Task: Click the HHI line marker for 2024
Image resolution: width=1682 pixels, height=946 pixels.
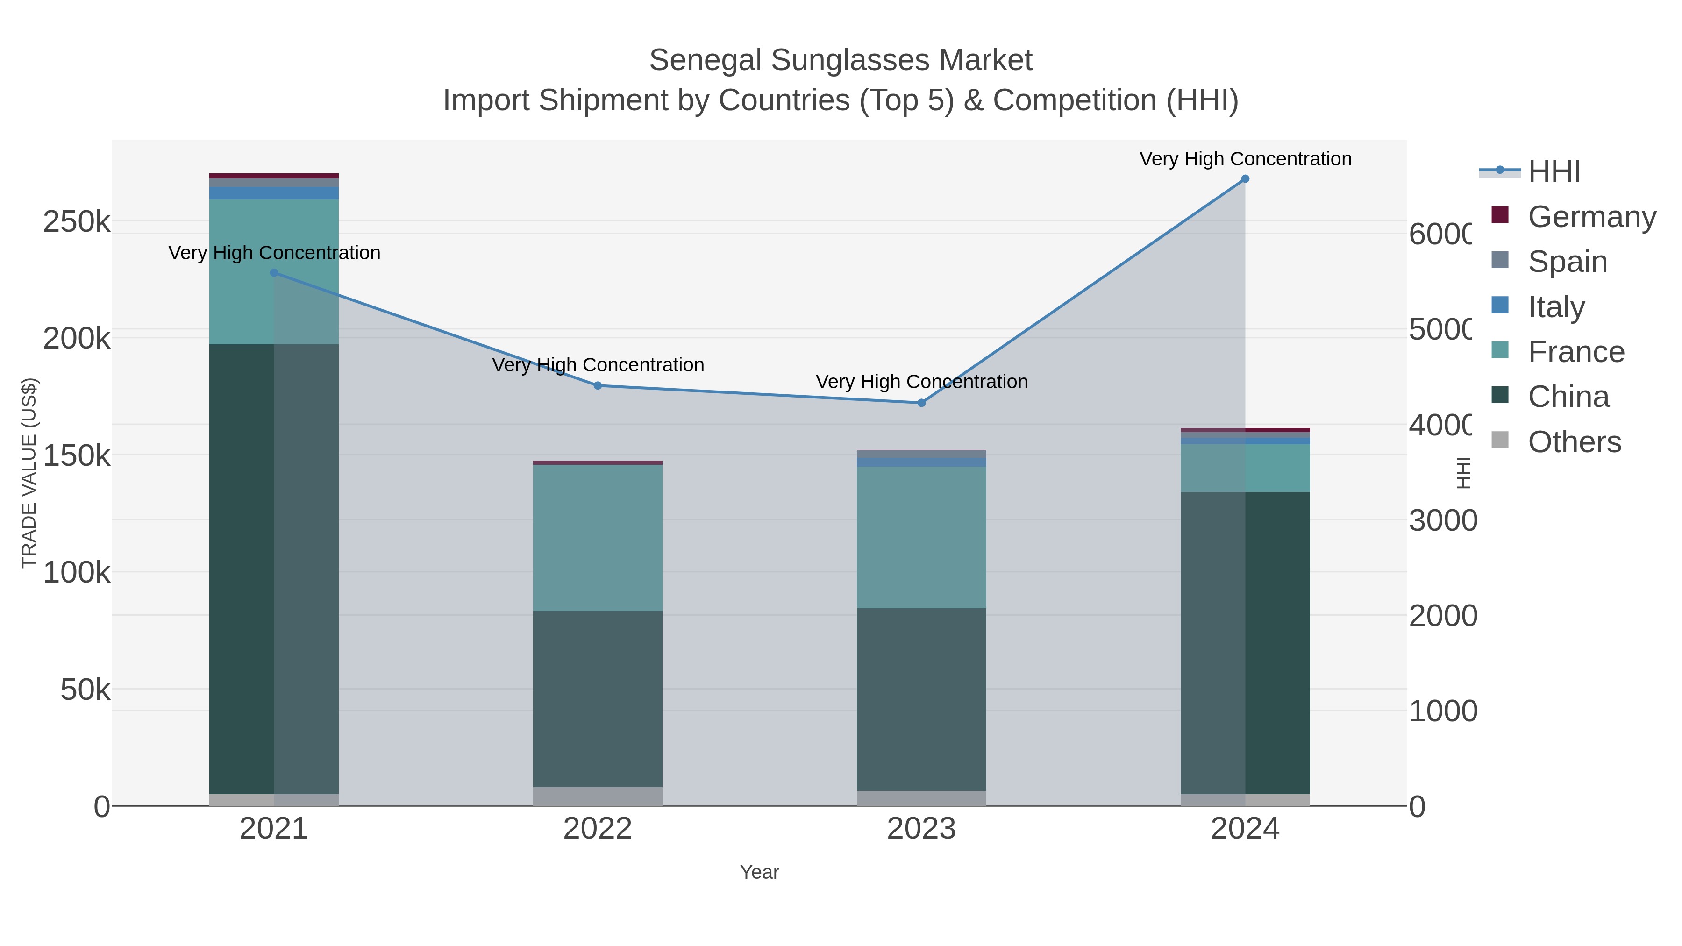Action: tap(1245, 179)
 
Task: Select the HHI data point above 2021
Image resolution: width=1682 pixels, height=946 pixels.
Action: tap(274, 273)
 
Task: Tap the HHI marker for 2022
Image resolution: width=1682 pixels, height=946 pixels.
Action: tap(598, 386)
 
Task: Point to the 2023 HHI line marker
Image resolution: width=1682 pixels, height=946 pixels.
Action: tap(921, 403)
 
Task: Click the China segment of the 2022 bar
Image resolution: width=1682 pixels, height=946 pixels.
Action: tap(598, 698)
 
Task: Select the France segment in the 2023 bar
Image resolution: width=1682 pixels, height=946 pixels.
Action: tap(921, 537)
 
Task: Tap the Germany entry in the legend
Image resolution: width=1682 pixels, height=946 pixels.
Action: tap(1591, 217)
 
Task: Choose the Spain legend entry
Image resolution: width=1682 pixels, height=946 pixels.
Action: tap(1567, 262)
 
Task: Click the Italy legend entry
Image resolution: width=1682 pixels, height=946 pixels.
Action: tap(1556, 307)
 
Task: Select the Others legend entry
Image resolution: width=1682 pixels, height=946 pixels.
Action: tap(1574, 442)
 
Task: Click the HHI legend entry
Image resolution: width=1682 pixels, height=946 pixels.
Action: tap(1554, 172)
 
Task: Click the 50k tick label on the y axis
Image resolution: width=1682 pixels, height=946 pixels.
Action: tap(85, 690)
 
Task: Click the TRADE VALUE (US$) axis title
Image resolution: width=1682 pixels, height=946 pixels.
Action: tap(29, 473)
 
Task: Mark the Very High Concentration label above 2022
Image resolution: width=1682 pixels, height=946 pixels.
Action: tap(598, 365)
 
